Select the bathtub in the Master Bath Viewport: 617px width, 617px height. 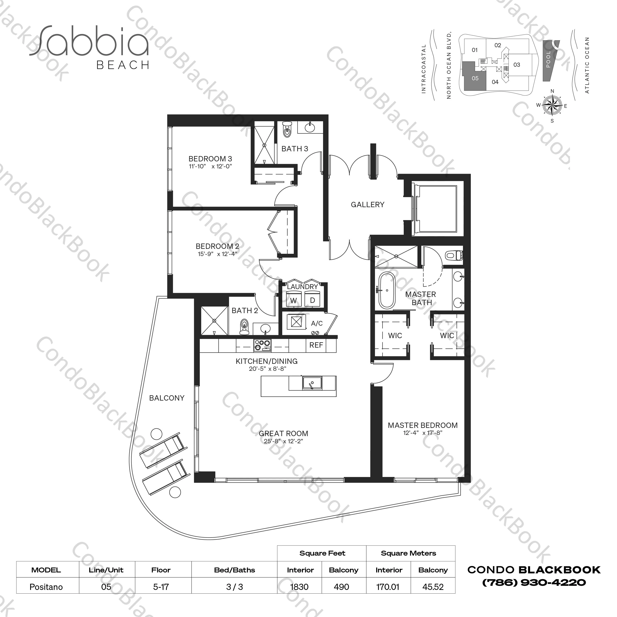(387, 291)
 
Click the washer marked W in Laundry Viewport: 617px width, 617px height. (293, 301)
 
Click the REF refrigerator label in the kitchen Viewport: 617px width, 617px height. (316, 345)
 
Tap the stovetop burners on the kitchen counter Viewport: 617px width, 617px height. (262, 344)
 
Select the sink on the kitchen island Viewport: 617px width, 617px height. (312, 383)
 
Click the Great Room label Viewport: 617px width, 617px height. (283, 433)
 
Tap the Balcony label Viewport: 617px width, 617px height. (167, 398)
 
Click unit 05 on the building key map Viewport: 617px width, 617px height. (475, 78)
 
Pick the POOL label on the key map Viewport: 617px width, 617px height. (548, 60)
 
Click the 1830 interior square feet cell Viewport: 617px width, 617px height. (299, 587)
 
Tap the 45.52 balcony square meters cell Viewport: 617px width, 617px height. (433, 587)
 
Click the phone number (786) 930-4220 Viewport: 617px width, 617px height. (534, 583)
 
